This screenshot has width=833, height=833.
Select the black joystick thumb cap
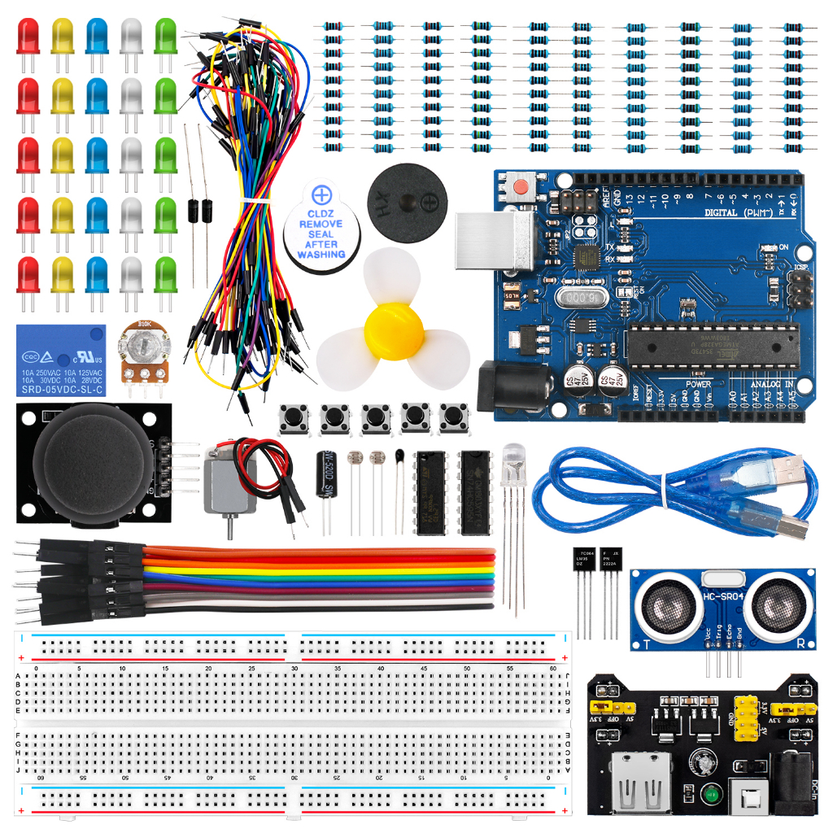pyautogui.click(x=91, y=464)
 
